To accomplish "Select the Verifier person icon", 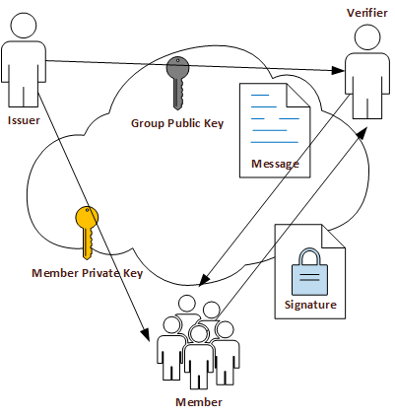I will click(x=363, y=69).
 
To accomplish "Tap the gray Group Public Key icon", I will click(x=176, y=82).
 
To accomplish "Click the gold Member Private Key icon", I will click(x=86, y=231).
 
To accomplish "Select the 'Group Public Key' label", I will click(x=176, y=124).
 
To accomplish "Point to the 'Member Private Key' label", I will click(x=88, y=272).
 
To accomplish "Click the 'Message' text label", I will click(x=275, y=164).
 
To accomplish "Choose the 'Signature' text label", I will click(x=309, y=306).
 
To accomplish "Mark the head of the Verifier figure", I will click(x=363, y=37).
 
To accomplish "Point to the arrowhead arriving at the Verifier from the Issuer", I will click(x=340, y=70).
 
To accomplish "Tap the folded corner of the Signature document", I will click(x=335, y=235).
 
